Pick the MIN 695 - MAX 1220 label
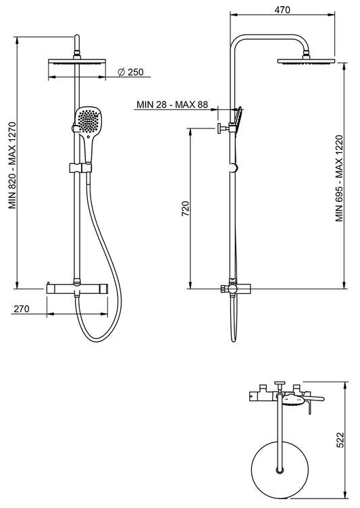(340, 178)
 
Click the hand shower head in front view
(86, 121)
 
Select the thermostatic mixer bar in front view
(77, 288)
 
